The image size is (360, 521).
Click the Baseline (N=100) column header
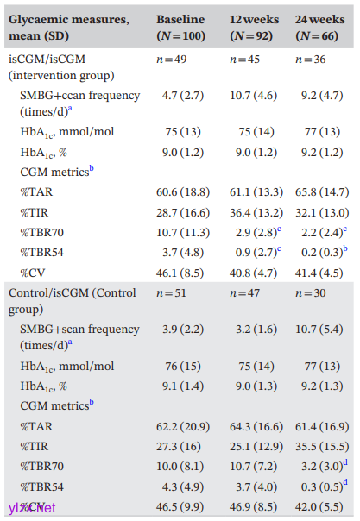point(180,28)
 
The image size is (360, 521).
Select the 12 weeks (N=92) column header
point(255,28)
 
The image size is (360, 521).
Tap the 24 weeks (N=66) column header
point(319,28)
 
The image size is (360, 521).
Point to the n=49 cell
point(172,60)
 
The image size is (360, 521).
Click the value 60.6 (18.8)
point(183,192)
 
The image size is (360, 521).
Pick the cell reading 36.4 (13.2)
point(256,212)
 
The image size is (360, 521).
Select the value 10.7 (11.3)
point(183,233)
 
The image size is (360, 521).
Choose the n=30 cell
point(311,293)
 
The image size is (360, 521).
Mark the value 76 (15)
point(183,366)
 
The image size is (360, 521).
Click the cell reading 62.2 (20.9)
point(183,426)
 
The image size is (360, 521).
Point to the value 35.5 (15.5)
point(322,446)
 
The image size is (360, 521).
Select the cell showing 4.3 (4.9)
point(183,486)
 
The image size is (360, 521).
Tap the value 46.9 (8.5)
point(253,507)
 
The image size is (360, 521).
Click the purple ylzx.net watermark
point(32,508)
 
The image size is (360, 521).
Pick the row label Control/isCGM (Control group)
point(73,301)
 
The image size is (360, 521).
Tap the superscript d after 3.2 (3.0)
point(345,462)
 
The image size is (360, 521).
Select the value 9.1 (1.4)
point(183,386)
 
